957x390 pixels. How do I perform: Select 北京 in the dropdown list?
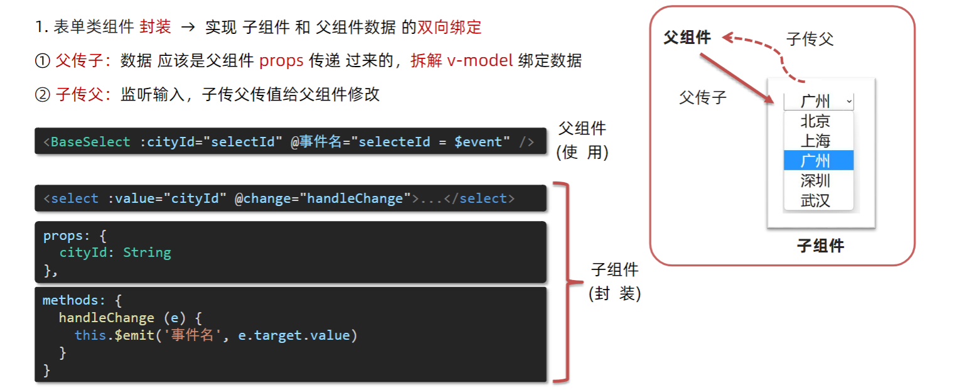click(815, 121)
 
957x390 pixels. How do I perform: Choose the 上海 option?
click(815, 141)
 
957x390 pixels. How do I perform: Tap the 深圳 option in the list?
click(815, 181)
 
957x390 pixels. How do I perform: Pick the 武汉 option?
click(815, 200)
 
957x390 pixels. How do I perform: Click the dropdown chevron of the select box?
click(849, 100)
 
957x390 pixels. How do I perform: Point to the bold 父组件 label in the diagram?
click(687, 38)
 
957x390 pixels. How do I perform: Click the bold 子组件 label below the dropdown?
click(820, 246)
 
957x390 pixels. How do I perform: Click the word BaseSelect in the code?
click(90, 142)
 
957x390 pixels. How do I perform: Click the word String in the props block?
click(147, 252)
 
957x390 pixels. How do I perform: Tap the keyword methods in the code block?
click(67, 300)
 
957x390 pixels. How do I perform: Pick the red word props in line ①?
click(281, 61)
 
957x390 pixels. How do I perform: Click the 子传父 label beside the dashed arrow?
click(810, 40)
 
